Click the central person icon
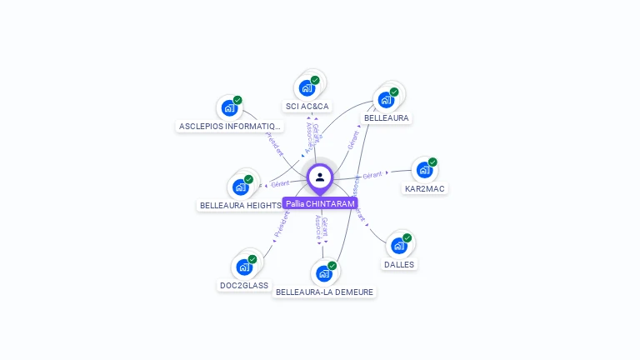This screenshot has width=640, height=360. coord(320,177)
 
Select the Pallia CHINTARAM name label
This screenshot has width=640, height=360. coord(320,203)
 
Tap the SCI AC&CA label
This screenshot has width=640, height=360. coord(307,107)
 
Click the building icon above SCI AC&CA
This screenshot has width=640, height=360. coord(307,87)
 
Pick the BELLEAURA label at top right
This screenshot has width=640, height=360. coord(387,118)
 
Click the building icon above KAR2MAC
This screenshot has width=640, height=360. coord(425,170)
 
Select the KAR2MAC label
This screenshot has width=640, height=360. coord(425,188)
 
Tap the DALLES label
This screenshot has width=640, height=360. coord(399,264)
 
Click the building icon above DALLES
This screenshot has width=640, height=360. coord(399,245)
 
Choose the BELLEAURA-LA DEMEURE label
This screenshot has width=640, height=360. coord(325,292)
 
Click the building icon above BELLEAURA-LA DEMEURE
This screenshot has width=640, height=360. coord(324,273)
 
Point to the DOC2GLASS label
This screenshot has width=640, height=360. coord(244,285)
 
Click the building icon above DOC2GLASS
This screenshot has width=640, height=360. coord(244,267)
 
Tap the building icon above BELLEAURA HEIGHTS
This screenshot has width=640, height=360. coord(241,187)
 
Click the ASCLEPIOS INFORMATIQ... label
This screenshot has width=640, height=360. coord(231,127)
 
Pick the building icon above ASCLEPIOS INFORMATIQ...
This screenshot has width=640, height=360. coord(229,108)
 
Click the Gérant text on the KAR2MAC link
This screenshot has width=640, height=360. coord(372,175)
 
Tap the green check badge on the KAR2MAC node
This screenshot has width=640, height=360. coord(432,162)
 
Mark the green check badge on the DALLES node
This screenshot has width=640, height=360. coord(407,237)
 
